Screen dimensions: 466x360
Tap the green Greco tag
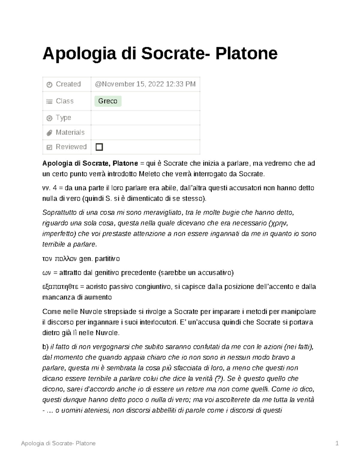click(x=108, y=101)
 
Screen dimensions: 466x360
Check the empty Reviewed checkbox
click(x=99, y=147)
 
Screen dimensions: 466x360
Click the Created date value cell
click(x=145, y=84)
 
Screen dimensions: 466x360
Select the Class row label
click(x=64, y=101)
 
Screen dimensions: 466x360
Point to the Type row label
click(x=63, y=118)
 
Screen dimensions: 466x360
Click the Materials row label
click(x=70, y=132)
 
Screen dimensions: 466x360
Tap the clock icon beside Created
click(x=49, y=85)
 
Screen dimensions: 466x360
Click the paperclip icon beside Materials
click(x=49, y=133)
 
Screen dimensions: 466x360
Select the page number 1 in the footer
click(x=337, y=443)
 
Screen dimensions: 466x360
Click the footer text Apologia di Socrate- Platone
click(x=58, y=443)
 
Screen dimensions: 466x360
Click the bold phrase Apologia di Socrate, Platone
click(x=90, y=164)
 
